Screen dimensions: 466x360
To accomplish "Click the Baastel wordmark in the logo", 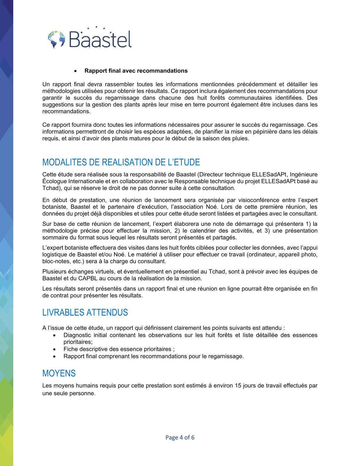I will click(100, 39).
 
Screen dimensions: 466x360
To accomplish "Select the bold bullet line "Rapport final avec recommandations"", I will click(136, 71).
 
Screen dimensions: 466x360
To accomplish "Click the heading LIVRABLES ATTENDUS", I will click(85, 312).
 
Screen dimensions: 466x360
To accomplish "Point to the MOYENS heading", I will click(59, 373).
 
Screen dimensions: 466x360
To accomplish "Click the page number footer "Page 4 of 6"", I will click(180, 437).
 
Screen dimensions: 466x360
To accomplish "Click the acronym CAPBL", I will click(87, 278).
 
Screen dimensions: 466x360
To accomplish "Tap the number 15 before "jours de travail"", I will click(238, 386).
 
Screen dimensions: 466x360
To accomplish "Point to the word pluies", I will click(240, 139).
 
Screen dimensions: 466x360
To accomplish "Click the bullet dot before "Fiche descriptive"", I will click(54, 349).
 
